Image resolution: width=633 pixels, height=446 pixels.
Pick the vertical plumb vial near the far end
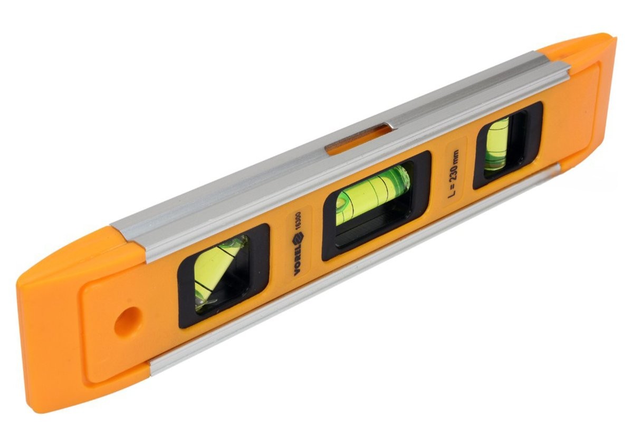(497, 144)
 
